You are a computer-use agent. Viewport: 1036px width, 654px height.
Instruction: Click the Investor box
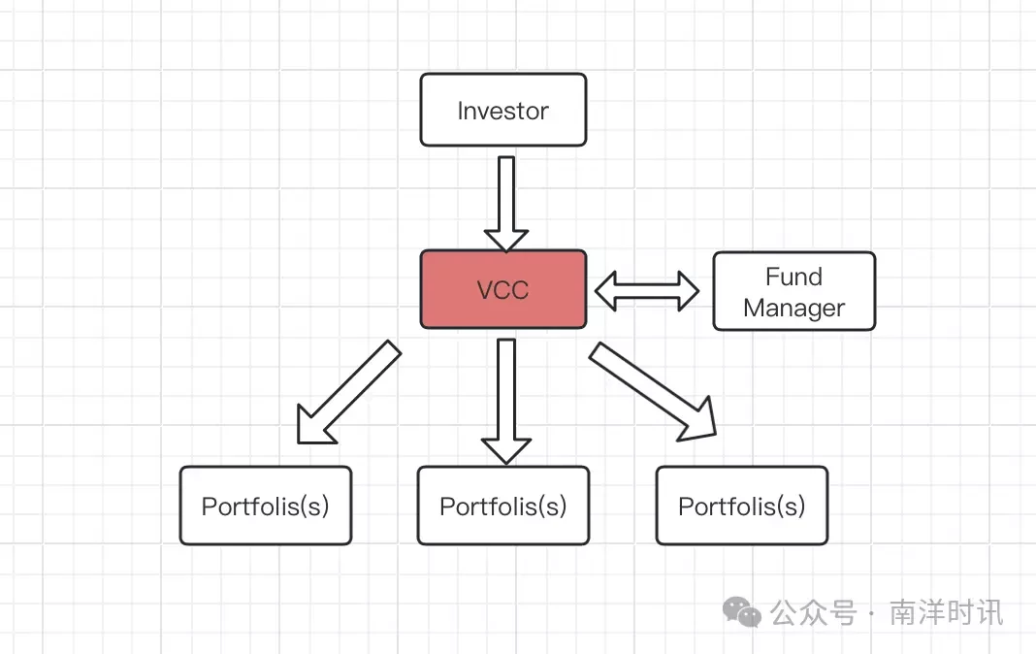pos(502,110)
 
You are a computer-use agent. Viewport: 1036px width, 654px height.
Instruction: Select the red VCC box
pos(502,289)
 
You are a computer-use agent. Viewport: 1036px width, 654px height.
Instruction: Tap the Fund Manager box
pos(793,291)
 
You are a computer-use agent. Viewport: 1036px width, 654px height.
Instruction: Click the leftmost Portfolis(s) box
pos(265,506)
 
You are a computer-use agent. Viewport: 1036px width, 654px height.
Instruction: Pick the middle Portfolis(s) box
pos(502,506)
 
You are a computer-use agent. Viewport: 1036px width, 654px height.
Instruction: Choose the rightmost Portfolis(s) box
pos(741,506)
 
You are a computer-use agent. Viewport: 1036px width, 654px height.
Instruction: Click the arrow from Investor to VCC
pos(506,204)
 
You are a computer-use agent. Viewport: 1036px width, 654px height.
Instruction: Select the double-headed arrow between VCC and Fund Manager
pos(647,291)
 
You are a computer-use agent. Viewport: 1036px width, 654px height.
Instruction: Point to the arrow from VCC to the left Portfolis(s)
pos(348,392)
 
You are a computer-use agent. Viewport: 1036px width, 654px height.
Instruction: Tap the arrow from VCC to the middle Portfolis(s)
pos(506,401)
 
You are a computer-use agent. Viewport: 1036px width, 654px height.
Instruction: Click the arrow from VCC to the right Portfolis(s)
pos(653,391)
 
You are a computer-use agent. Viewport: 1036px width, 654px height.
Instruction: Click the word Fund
pos(793,277)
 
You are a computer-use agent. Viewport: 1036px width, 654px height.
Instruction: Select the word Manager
pos(793,308)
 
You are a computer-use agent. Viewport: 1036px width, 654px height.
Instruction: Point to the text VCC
pos(502,290)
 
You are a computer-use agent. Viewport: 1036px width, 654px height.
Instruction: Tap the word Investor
pos(502,111)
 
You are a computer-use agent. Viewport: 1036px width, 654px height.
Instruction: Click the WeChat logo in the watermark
pos(741,611)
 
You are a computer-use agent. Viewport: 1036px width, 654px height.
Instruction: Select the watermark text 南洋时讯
pos(946,612)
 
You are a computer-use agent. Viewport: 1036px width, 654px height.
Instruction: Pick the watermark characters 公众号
pos(813,612)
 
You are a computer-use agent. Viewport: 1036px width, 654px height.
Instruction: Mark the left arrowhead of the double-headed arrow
pos(606,291)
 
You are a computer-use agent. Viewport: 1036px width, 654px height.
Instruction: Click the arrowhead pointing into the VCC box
pos(506,241)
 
